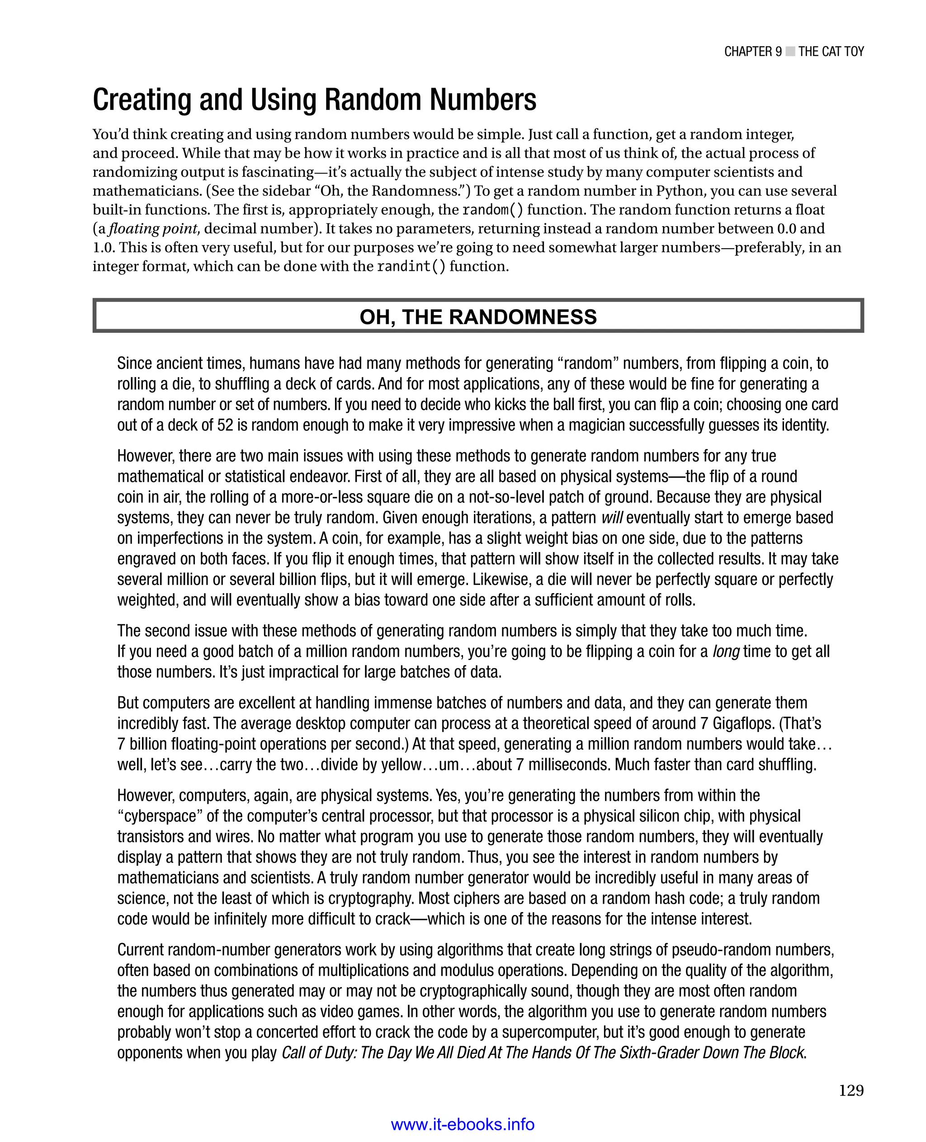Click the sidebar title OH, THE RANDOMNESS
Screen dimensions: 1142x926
tap(478, 317)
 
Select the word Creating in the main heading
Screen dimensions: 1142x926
tap(142, 100)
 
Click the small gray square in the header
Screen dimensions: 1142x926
tap(790, 51)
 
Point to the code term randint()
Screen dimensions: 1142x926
tap(411, 266)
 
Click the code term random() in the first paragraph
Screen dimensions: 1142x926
tap(492, 210)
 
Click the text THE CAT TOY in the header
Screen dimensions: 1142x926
tap(831, 51)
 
